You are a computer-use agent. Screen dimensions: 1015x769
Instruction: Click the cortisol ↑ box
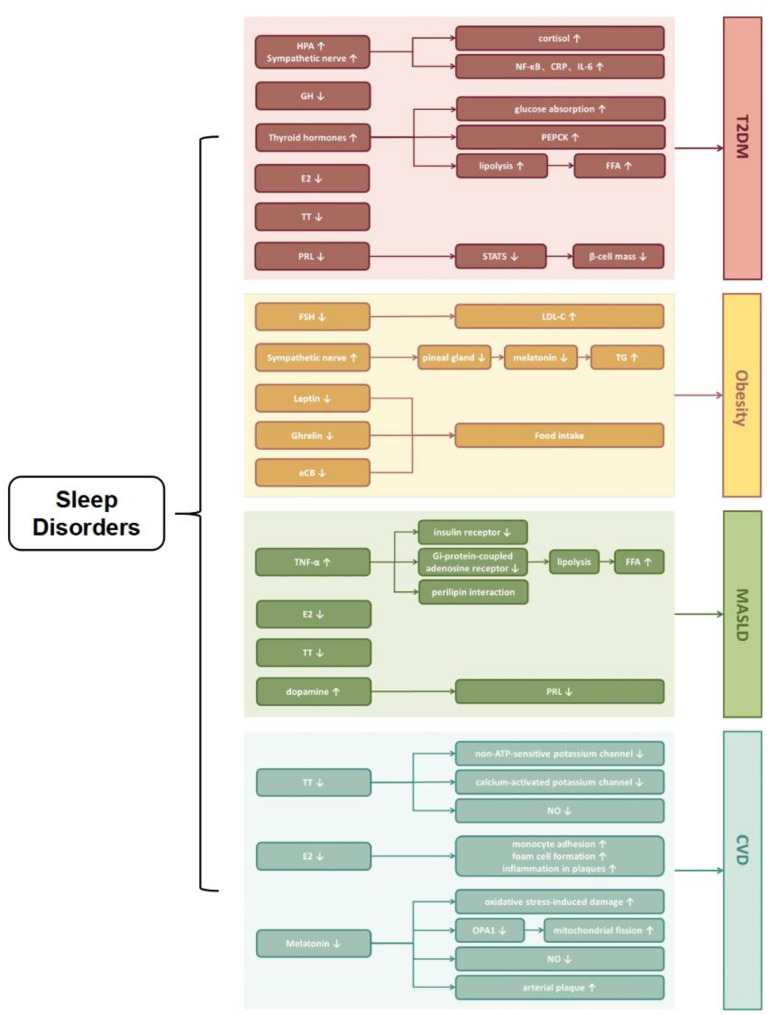tap(560, 38)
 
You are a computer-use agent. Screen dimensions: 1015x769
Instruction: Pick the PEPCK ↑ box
tap(560, 136)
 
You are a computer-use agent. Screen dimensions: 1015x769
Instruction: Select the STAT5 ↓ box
tap(501, 256)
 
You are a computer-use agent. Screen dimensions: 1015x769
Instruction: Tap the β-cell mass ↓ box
tap(618, 256)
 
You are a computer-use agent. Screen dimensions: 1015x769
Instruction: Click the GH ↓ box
tap(313, 95)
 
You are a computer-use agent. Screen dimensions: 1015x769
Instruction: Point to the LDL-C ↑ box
tap(560, 316)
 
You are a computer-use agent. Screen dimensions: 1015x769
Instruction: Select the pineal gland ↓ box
tap(454, 357)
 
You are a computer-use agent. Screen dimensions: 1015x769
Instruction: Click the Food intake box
tap(560, 435)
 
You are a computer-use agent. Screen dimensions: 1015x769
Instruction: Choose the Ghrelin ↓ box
tap(313, 435)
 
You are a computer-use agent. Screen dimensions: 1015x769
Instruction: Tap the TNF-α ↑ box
tap(313, 562)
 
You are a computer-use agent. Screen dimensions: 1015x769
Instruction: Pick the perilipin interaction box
tap(473, 592)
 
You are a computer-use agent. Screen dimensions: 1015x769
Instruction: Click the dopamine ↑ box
tap(313, 691)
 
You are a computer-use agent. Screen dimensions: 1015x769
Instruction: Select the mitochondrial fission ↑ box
tap(604, 930)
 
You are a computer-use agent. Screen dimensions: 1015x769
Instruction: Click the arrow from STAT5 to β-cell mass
tap(560, 256)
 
